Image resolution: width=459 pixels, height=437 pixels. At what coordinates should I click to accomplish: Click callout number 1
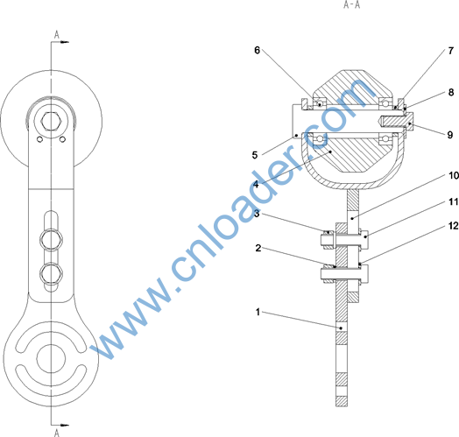click(258, 312)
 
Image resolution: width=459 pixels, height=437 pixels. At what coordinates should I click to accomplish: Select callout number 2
click(258, 248)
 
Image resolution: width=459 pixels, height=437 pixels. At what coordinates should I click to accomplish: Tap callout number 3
click(257, 214)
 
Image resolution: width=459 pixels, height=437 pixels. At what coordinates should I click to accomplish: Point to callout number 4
click(256, 185)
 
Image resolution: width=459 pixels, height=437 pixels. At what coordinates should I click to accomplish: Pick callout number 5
click(255, 155)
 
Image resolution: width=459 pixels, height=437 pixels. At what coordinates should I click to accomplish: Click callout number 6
click(257, 50)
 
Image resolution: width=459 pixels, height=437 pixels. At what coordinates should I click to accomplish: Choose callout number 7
click(451, 51)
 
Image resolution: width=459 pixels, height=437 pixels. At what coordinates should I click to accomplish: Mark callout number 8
click(451, 92)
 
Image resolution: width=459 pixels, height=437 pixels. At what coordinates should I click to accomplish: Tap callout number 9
click(450, 135)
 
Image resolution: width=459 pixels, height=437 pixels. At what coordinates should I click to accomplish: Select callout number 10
click(454, 175)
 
